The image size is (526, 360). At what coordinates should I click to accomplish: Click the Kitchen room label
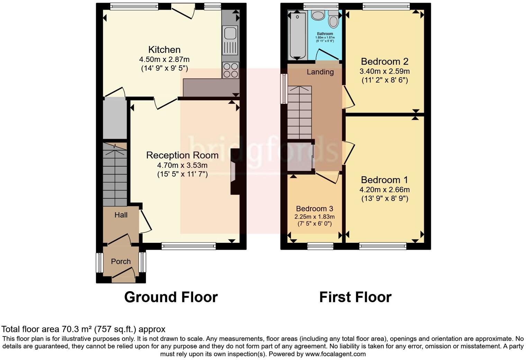pos(164,49)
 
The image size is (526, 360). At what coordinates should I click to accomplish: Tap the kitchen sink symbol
pos(230,34)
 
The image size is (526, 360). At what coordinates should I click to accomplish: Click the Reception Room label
pos(182,155)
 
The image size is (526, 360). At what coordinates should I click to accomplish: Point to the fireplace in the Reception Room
pos(234,172)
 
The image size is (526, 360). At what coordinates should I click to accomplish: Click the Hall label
pos(121,215)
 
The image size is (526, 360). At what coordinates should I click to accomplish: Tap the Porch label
pos(121,261)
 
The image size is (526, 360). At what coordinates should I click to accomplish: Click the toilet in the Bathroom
pos(334,19)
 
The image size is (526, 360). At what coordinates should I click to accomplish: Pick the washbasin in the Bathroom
pos(317,15)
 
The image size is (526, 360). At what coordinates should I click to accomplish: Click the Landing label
pos(320,72)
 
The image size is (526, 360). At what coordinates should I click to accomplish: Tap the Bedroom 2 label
pos(384,62)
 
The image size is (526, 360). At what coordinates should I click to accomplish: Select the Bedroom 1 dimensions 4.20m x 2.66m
pos(384,190)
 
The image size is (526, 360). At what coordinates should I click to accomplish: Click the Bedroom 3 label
pos(314,209)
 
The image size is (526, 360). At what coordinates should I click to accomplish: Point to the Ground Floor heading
pos(171,297)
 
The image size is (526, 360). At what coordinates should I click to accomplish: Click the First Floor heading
pos(355,297)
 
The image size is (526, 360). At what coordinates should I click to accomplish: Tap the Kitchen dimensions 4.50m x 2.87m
pos(164,59)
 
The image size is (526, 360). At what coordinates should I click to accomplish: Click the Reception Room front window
pos(189,246)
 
